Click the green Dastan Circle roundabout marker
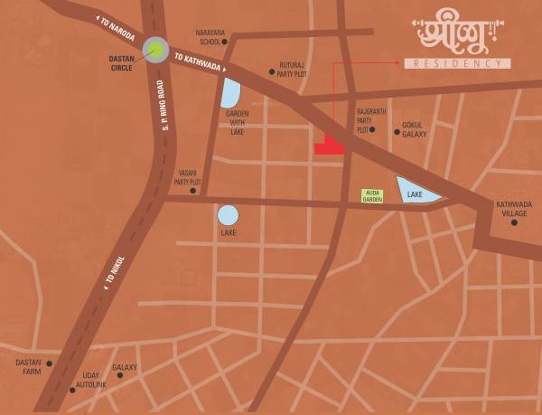point(155,51)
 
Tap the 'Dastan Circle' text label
point(120,61)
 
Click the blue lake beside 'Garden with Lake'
point(230,92)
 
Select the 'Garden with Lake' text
point(238,122)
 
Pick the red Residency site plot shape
point(331,146)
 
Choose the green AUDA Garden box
point(372,195)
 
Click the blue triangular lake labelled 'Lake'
point(416,192)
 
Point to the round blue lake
point(228,215)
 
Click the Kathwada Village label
point(512,208)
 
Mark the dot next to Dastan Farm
point(50,363)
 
